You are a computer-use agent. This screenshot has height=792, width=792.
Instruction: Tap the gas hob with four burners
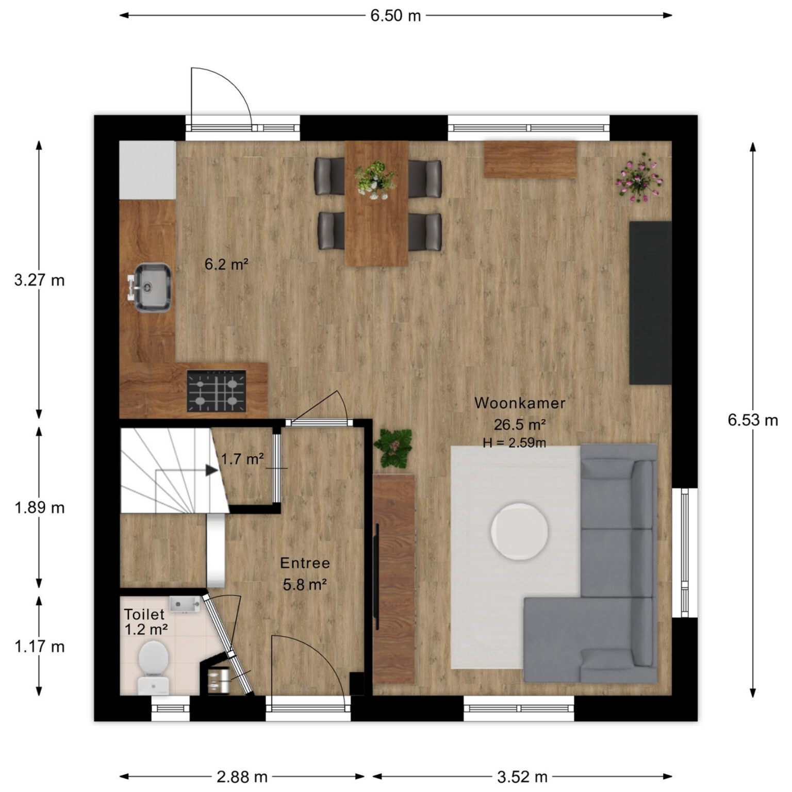(216, 391)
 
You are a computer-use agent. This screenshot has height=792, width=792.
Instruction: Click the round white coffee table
(519, 531)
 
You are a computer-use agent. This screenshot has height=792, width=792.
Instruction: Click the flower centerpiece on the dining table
(375, 179)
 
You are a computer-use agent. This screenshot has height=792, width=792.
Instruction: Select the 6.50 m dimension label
(395, 15)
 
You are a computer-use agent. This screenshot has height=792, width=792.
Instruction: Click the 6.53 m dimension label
(753, 420)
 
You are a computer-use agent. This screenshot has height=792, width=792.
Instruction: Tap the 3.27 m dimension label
(40, 280)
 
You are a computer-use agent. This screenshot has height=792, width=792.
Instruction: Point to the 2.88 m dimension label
(242, 777)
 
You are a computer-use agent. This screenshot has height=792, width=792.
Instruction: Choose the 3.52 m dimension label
(522, 777)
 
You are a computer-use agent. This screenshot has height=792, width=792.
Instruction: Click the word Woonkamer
(520, 403)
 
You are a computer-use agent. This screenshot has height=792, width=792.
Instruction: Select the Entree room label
(305, 563)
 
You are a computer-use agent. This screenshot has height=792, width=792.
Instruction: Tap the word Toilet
(144, 614)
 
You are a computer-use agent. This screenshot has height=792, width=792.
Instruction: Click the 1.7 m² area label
(243, 458)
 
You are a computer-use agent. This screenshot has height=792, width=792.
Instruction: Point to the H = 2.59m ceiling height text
(515, 442)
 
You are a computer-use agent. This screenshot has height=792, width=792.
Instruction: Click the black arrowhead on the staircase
(211, 470)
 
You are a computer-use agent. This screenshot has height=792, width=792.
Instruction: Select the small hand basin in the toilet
(185, 604)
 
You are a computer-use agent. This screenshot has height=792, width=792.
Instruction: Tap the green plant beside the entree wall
(393, 449)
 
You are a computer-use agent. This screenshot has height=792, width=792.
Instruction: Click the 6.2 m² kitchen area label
(227, 265)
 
